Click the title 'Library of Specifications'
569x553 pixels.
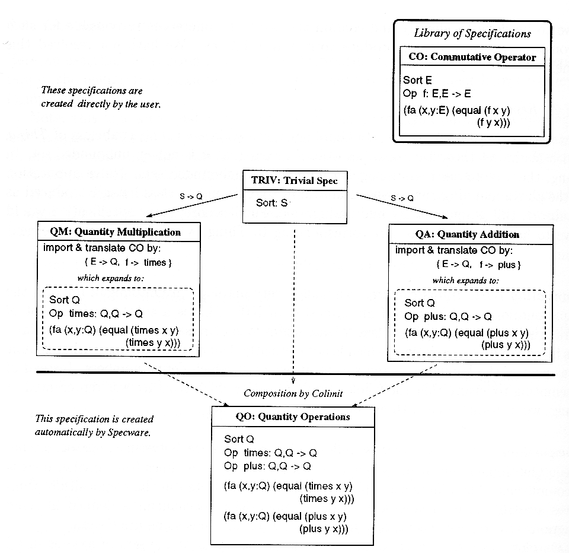point(472,33)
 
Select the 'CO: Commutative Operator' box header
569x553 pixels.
point(472,57)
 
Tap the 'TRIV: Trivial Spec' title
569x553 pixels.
point(295,180)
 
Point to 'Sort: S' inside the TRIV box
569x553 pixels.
point(272,203)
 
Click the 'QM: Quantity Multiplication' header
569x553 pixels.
point(116,232)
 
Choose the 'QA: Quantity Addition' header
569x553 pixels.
point(468,234)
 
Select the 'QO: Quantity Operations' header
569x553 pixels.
point(293,417)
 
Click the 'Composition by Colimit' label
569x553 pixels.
point(293,393)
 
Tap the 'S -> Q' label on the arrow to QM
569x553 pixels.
point(191,196)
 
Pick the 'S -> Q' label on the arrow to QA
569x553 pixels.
point(402,198)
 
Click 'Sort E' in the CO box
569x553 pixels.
point(417,80)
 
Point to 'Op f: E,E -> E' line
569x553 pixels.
point(437,93)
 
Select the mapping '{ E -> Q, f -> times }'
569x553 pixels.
point(128,262)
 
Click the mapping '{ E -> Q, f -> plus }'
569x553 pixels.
point(479,265)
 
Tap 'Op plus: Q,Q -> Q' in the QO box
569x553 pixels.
point(267,466)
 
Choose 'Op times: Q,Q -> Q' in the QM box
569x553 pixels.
point(96,313)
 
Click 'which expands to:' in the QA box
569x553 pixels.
point(466,281)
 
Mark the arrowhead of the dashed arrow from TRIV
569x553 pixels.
point(293,381)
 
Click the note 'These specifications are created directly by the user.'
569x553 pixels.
point(101,97)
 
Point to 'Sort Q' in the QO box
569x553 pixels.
point(239,439)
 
